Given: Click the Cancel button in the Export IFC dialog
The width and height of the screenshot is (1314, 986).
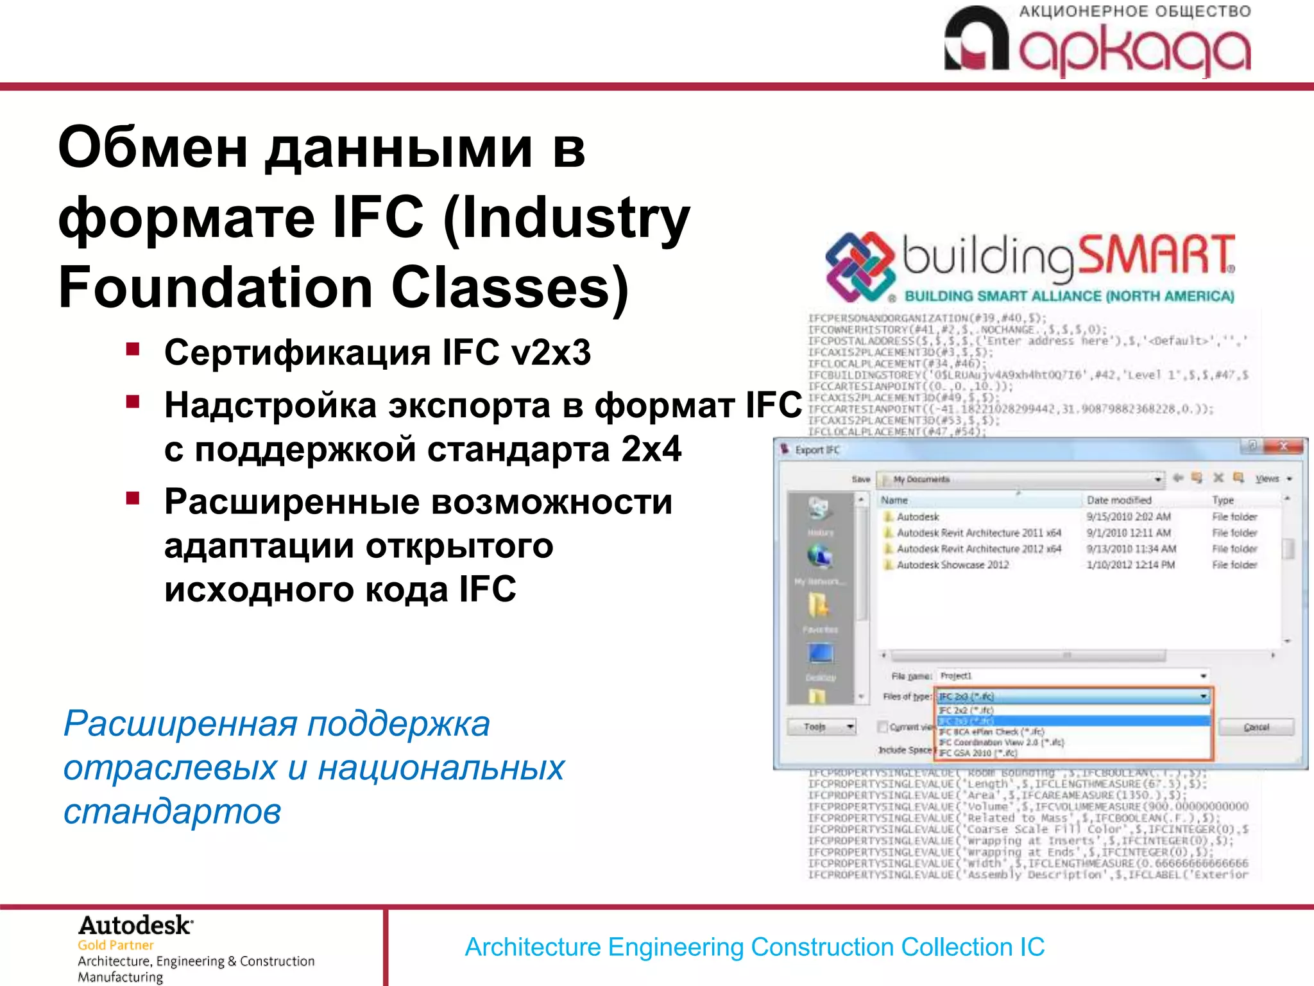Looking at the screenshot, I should [x=1256, y=727].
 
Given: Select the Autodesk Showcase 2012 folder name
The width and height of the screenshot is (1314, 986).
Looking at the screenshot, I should [x=952, y=565].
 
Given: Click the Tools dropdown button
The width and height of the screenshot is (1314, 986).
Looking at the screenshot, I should [x=822, y=727].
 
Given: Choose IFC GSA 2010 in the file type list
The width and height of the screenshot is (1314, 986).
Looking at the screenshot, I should [x=978, y=753].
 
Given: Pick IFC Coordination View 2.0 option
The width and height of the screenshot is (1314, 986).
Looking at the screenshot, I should [x=1001, y=743].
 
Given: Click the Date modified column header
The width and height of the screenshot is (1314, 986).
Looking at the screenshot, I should [x=1119, y=500].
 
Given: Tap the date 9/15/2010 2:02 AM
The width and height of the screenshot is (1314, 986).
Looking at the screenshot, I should [x=1128, y=517].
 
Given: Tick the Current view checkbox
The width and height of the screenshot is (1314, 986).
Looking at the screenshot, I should [x=883, y=727].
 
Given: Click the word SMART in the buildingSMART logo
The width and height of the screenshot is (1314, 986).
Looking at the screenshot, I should [x=1155, y=255].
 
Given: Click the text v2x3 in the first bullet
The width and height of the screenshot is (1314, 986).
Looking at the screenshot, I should [x=550, y=352].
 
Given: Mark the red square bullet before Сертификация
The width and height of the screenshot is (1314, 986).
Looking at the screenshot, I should [x=133, y=350].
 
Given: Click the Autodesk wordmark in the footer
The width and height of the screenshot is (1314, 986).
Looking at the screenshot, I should [x=135, y=926].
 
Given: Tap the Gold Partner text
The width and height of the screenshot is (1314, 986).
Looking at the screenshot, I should [x=115, y=945].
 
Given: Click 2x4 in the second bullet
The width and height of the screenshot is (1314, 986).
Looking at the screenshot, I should [x=651, y=449].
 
